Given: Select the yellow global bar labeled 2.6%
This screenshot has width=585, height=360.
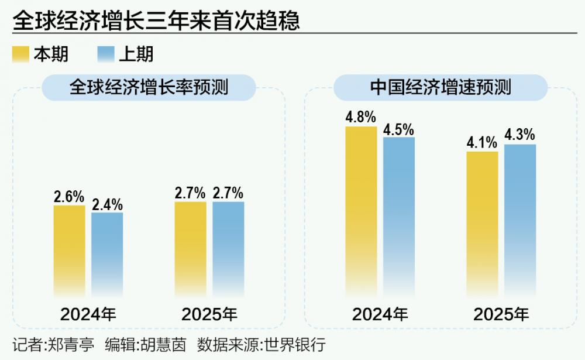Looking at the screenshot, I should pyautogui.click(x=69, y=252).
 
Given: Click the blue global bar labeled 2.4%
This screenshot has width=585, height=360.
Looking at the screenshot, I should pyautogui.click(x=107, y=255).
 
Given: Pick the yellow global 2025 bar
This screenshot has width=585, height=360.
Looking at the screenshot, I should pyautogui.click(x=190, y=249).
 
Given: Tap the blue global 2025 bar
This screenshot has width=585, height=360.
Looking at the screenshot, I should pyautogui.click(x=228, y=249).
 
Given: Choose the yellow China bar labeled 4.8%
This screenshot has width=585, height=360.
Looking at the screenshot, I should pyautogui.click(x=361, y=211).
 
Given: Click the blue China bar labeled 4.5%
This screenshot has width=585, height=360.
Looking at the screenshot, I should pyautogui.click(x=399, y=217).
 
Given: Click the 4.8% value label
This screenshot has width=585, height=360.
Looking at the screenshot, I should pyautogui.click(x=360, y=117).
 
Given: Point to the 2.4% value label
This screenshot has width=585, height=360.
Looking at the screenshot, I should pyautogui.click(x=108, y=205).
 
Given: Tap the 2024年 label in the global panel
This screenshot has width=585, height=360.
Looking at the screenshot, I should pyautogui.click(x=88, y=314).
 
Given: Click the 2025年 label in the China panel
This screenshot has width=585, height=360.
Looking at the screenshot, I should pyautogui.click(x=501, y=314).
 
